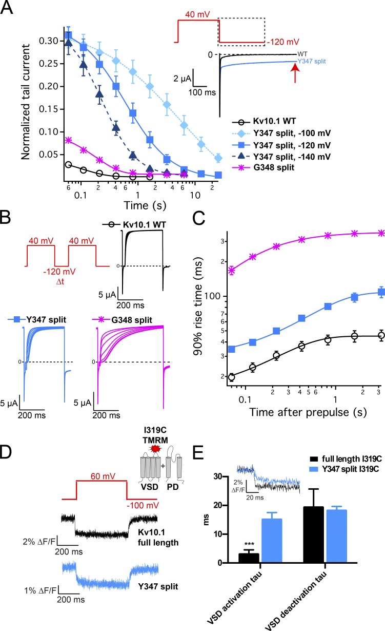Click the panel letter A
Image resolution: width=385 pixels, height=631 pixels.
[9, 9]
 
